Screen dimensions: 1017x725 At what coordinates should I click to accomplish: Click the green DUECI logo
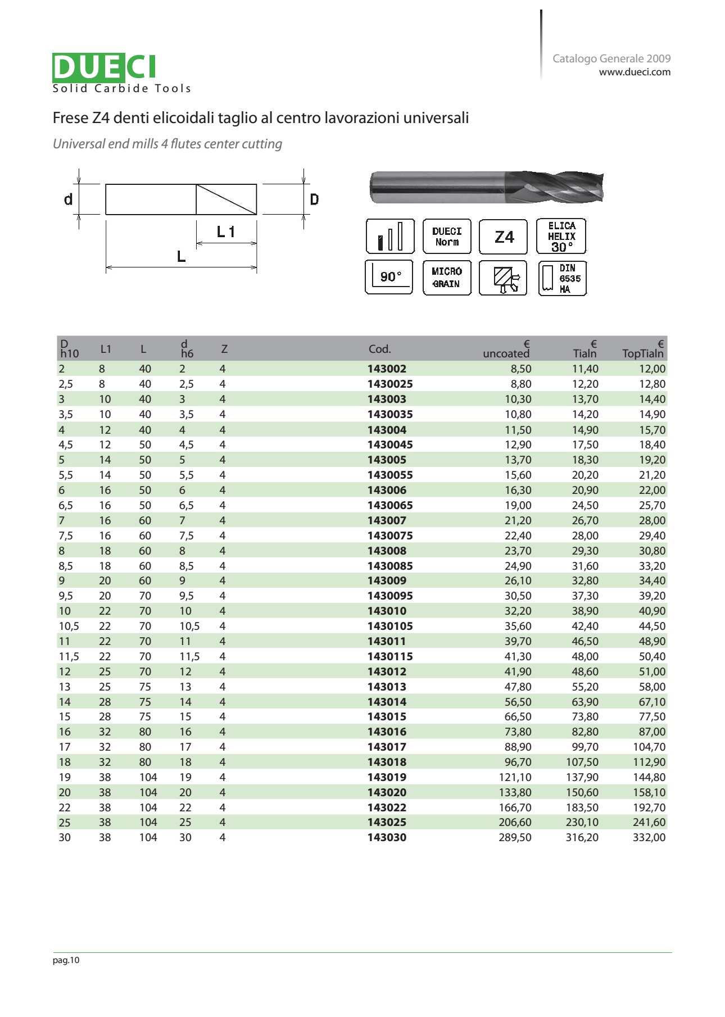pyautogui.click(x=104, y=67)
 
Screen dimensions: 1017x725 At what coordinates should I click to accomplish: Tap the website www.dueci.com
pyautogui.click(x=635, y=72)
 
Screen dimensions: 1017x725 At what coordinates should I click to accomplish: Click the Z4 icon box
pyautogui.click(x=503, y=237)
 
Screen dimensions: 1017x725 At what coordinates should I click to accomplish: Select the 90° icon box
pyautogui.click(x=389, y=276)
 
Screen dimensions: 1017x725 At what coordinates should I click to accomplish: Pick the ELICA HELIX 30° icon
pyautogui.click(x=561, y=237)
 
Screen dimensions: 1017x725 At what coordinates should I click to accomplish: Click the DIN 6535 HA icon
pyautogui.click(x=562, y=278)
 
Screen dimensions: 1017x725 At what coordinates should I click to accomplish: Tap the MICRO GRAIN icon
pyautogui.click(x=446, y=278)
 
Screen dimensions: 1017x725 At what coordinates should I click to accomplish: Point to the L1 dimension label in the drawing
pyautogui.click(x=226, y=231)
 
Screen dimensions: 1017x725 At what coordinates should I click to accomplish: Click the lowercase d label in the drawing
pyautogui.click(x=68, y=199)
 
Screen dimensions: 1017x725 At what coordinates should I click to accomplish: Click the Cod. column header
pyautogui.click(x=379, y=349)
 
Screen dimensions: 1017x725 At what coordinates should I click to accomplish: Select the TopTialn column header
pyautogui.click(x=643, y=353)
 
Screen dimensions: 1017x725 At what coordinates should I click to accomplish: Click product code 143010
pyautogui.click(x=387, y=611)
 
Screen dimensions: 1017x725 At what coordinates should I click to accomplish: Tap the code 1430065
pyautogui.click(x=390, y=505)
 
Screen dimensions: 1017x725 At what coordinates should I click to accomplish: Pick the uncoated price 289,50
pyautogui.click(x=515, y=837)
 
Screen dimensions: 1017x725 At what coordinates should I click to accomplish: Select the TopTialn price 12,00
pyautogui.click(x=652, y=369)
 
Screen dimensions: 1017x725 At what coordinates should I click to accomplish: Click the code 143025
pyautogui.click(x=387, y=822)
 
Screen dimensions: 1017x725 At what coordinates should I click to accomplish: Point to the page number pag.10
pyautogui.click(x=66, y=960)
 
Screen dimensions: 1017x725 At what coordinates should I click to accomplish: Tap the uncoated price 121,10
pyautogui.click(x=515, y=777)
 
